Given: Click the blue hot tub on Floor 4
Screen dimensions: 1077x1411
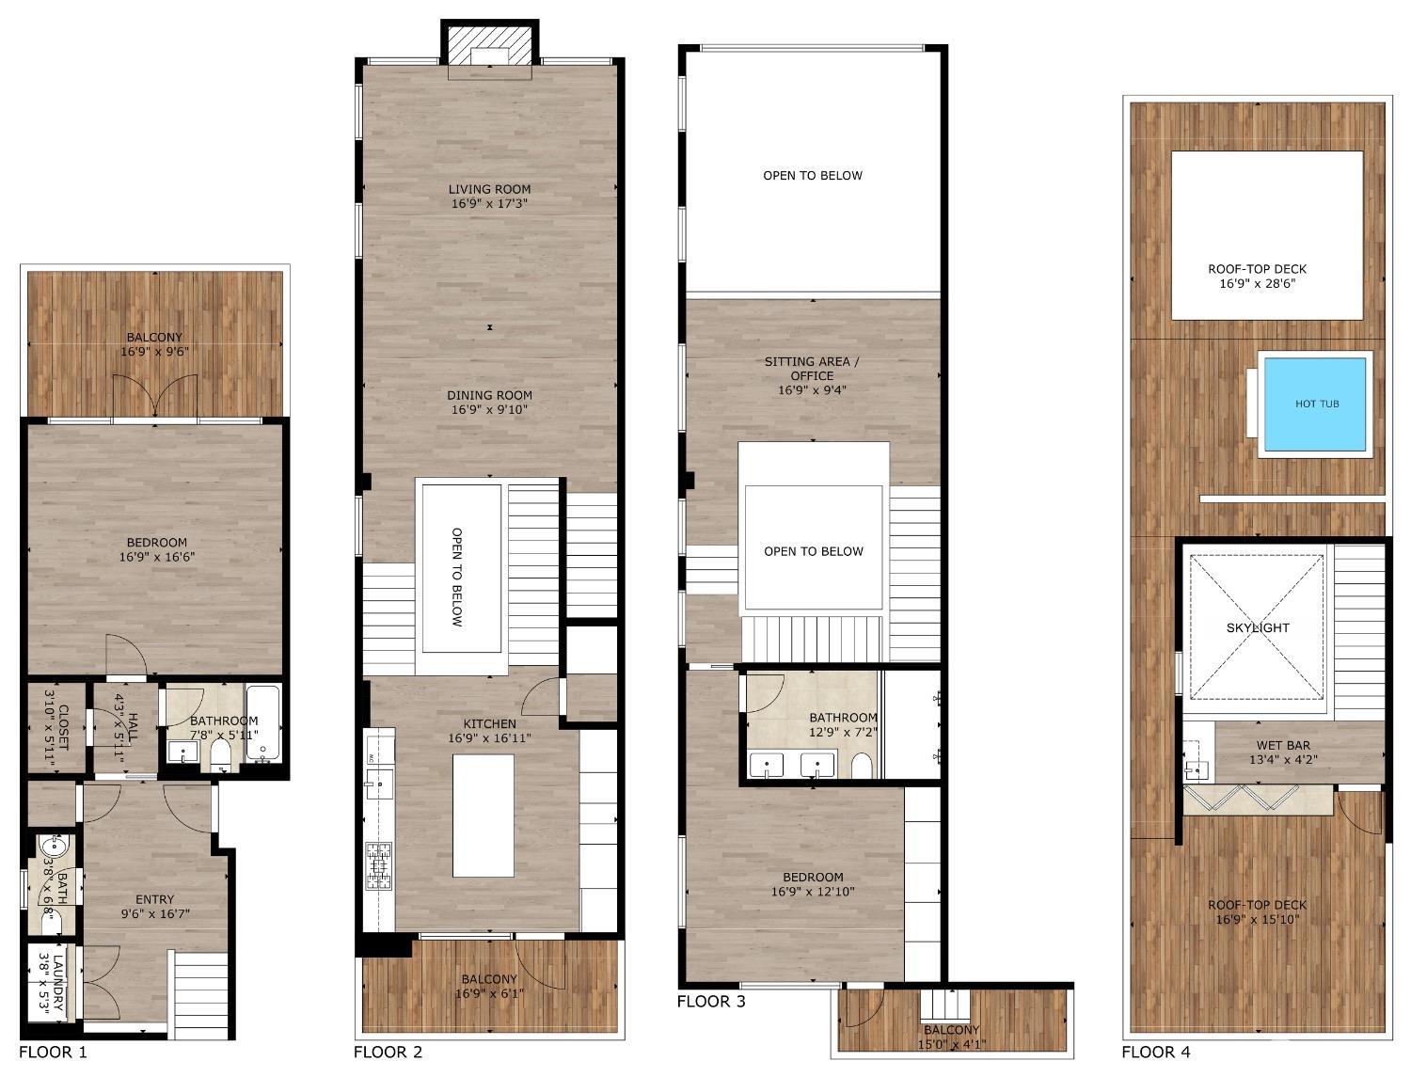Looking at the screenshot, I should pyautogui.click(x=1315, y=404).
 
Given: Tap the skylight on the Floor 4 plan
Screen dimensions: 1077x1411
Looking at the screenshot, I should pyautogui.click(x=1258, y=627).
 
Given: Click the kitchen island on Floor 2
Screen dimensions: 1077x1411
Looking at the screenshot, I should pyautogui.click(x=484, y=815).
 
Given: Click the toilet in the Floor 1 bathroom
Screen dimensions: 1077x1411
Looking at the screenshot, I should pyautogui.click(x=221, y=755).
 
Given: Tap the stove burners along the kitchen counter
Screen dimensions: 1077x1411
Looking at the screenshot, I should pyautogui.click(x=379, y=865).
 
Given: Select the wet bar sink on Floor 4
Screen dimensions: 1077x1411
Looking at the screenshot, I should pyautogui.click(x=1196, y=769).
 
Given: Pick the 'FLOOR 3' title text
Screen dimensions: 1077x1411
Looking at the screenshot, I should pyautogui.click(x=711, y=1002).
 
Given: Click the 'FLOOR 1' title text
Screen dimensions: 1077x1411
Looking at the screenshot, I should pyautogui.click(x=53, y=1052).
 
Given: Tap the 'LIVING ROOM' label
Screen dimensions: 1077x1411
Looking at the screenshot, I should pyautogui.click(x=489, y=189).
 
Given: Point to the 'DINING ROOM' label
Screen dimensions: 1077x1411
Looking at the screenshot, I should pyautogui.click(x=489, y=395).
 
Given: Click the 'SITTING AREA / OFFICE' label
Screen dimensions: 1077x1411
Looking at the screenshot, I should pyautogui.click(x=812, y=368).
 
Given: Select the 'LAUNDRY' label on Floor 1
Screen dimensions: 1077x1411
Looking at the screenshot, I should pyautogui.click(x=59, y=984).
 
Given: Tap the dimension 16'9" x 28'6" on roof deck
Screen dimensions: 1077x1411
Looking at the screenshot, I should pyautogui.click(x=1257, y=283).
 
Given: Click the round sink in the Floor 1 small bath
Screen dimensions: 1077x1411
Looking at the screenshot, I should pyautogui.click(x=55, y=847).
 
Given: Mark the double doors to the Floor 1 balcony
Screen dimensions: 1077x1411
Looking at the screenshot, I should pyautogui.click(x=155, y=395).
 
